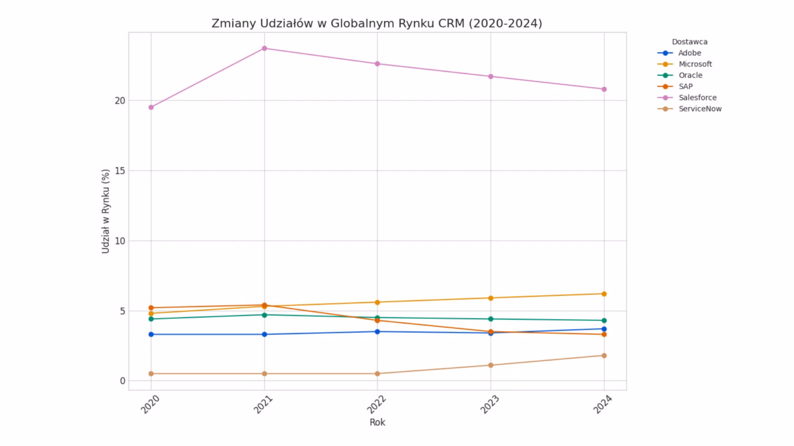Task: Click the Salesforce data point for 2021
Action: pyautogui.click(x=264, y=49)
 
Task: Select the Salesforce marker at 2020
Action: pyautogui.click(x=151, y=107)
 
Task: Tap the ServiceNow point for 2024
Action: pyautogui.click(x=604, y=356)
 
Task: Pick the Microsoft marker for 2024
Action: pyautogui.click(x=604, y=294)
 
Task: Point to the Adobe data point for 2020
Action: pyautogui.click(x=151, y=334)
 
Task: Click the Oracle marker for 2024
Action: pyautogui.click(x=604, y=321)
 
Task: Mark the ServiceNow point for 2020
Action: pyautogui.click(x=151, y=374)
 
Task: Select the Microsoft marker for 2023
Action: pyautogui.click(x=491, y=298)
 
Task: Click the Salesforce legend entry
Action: pyautogui.click(x=697, y=98)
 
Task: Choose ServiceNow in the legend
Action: pyautogui.click(x=700, y=109)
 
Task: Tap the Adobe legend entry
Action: pyautogui.click(x=690, y=53)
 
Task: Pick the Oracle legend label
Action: pyautogui.click(x=690, y=75)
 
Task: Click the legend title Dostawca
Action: pyautogui.click(x=690, y=42)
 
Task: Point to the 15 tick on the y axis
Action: pyautogui.click(x=120, y=171)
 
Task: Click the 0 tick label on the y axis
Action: pyautogui.click(x=123, y=381)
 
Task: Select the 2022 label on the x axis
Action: pyautogui.click(x=377, y=405)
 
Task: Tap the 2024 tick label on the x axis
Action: pyautogui.click(x=603, y=405)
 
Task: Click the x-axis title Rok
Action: pyautogui.click(x=377, y=422)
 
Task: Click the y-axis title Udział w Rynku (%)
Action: pyautogui.click(x=105, y=211)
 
